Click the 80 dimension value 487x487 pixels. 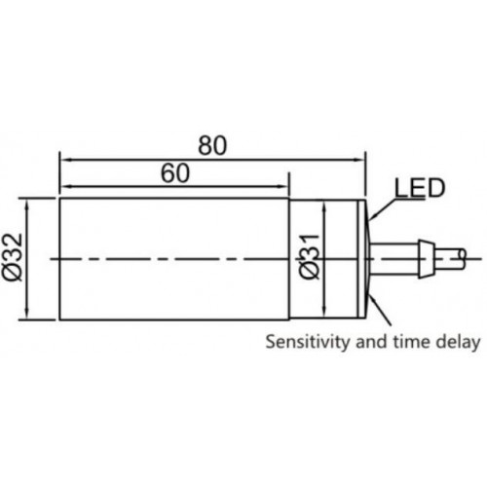(212, 145)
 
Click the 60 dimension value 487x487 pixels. (175, 172)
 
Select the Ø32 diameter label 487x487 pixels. (13, 257)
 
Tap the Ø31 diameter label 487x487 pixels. (309, 256)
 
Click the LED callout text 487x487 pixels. (419, 188)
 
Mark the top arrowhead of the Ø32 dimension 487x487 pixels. (27, 205)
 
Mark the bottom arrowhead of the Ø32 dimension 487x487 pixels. (27, 313)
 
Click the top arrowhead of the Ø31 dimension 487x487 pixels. (324, 208)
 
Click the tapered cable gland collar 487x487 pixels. (426, 259)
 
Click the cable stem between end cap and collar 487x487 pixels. (393, 259)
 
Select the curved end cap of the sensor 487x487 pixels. (367, 259)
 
